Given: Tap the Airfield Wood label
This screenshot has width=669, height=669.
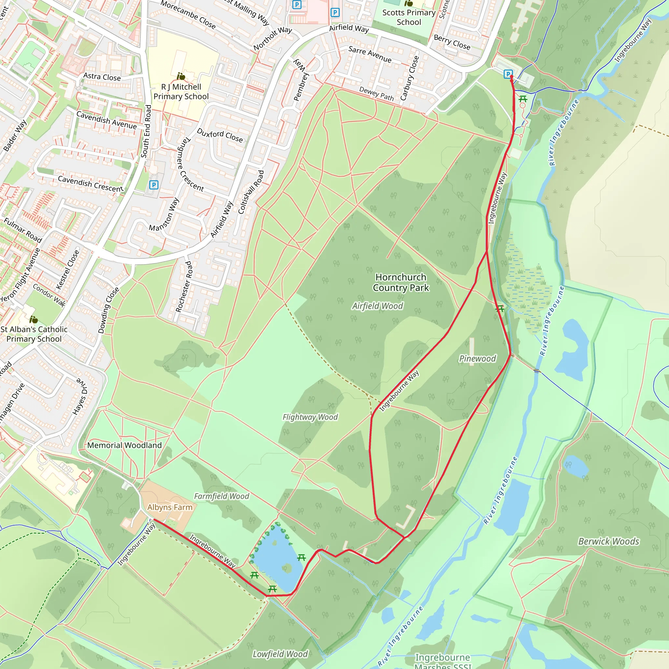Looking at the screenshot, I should [377, 306].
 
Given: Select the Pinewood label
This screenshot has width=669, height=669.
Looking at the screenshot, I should [477, 359].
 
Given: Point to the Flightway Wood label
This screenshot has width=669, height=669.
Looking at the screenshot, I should [310, 417].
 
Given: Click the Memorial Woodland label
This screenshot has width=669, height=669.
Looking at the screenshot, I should [124, 445].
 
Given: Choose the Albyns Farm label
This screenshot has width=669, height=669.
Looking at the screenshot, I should [170, 507].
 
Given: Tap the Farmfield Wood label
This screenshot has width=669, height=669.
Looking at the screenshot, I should [221, 497].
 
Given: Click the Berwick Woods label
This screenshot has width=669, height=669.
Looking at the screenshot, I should [609, 542].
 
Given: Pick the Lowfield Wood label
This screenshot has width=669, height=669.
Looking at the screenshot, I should [280, 654].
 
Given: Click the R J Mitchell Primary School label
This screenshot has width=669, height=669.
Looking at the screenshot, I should [181, 92].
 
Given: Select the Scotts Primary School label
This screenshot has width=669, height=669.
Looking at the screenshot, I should [409, 17].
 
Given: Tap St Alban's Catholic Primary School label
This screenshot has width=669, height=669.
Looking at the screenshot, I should [34, 334].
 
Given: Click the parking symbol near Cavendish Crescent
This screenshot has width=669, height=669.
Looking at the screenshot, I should [154, 185].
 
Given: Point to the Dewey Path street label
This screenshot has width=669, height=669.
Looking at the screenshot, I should [376, 93].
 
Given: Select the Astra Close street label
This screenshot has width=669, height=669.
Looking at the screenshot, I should [102, 77].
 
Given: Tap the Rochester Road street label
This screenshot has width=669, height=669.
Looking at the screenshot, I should [184, 287].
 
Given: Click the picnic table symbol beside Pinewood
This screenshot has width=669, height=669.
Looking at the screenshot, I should [499, 308].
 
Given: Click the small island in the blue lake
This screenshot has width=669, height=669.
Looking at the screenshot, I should [287, 567].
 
